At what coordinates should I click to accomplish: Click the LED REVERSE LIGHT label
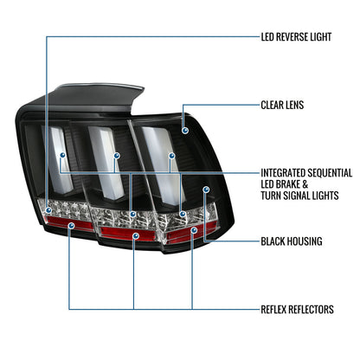tap(296, 37)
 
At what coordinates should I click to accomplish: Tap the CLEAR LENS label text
tap(282, 105)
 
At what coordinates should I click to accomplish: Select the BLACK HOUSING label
tap(292, 241)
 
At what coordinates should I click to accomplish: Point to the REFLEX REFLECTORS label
tap(298, 310)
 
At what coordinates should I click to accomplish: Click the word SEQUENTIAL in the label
tap(329, 173)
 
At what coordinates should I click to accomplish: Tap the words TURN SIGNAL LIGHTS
tap(299, 196)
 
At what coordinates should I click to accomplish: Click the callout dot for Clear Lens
tap(185, 131)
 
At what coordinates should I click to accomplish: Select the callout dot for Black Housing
tap(206, 190)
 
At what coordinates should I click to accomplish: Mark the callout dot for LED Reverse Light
tap(48, 210)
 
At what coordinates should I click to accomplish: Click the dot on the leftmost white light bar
tap(62, 155)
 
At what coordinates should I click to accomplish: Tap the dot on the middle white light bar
tap(117, 156)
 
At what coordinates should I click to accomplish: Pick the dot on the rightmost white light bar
tap(172, 156)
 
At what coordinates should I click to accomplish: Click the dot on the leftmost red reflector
tap(71, 226)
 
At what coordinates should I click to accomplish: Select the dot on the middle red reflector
tap(136, 236)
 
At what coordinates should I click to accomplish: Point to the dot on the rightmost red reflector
tap(194, 230)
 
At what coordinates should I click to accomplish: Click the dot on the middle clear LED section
tap(132, 214)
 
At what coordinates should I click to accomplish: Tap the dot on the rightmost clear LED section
tap(183, 214)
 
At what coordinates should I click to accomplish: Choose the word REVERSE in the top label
tap(293, 37)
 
